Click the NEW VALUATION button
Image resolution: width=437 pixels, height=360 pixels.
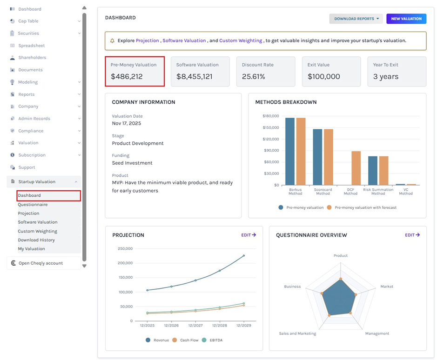(x=406, y=19)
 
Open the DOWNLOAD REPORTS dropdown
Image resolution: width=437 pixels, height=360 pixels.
(x=356, y=19)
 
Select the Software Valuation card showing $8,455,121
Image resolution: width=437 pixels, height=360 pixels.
(x=200, y=72)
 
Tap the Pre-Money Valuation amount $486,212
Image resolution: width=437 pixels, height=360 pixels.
(x=127, y=76)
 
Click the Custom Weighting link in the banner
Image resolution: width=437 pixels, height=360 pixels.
(x=241, y=40)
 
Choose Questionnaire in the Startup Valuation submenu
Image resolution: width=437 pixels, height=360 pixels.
(x=33, y=205)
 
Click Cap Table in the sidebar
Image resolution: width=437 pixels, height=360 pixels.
(x=28, y=21)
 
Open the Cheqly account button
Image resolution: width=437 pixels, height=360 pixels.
(x=40, y=263)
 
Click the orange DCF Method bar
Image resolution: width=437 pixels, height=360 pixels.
(x=356, y=168)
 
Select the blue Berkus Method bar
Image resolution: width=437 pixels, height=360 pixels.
(x=290, y=151)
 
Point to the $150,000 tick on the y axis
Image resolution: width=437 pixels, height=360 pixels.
(x=270, y=127)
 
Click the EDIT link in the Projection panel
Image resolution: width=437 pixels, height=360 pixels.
(x=249, y=235)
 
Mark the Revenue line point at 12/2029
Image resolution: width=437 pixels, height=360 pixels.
(x=243, y=256)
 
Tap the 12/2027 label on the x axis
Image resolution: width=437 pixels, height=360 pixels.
(x=195, y=326)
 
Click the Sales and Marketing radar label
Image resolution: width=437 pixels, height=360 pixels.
(x=297, y=333)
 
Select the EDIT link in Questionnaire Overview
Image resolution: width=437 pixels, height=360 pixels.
(x=412, y=235)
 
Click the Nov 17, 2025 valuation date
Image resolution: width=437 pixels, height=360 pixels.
(x=127, y=123)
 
